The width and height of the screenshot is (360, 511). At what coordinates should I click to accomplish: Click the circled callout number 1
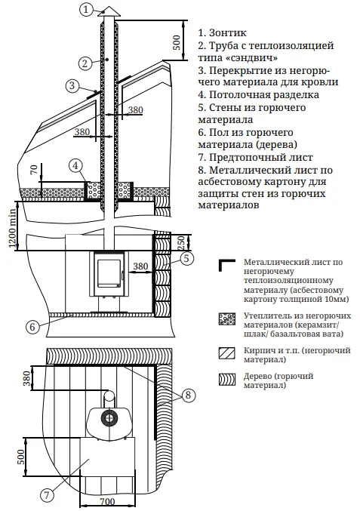point(86,9)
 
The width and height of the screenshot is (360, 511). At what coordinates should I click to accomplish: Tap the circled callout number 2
point(85,63)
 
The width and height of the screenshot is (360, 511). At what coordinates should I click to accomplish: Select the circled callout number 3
point(72,86)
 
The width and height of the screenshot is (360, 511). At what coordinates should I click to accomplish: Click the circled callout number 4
point(75,166)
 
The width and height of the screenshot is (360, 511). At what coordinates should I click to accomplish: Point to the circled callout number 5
point(186,258)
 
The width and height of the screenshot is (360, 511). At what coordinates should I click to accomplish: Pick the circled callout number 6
point(32,327)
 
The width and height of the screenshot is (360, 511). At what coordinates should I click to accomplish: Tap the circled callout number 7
point(47,495)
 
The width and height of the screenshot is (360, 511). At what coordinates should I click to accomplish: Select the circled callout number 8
point(188,396)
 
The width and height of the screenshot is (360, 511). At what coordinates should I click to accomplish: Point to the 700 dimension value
point(106,501)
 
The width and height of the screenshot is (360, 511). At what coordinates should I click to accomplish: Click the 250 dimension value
point(181,242)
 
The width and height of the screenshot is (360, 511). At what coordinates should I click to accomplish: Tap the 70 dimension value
point(34,170)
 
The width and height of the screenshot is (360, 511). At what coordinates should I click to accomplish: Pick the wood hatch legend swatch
point(226,380)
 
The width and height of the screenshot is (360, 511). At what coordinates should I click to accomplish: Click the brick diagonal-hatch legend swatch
point(226,353)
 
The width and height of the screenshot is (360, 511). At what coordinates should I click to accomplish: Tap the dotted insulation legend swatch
point(226,319)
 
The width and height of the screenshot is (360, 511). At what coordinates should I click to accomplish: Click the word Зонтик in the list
point(227,33)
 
